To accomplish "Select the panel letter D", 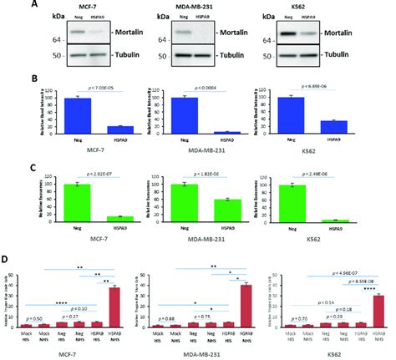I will point(8,260).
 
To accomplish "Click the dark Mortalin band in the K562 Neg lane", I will point(309,36).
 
